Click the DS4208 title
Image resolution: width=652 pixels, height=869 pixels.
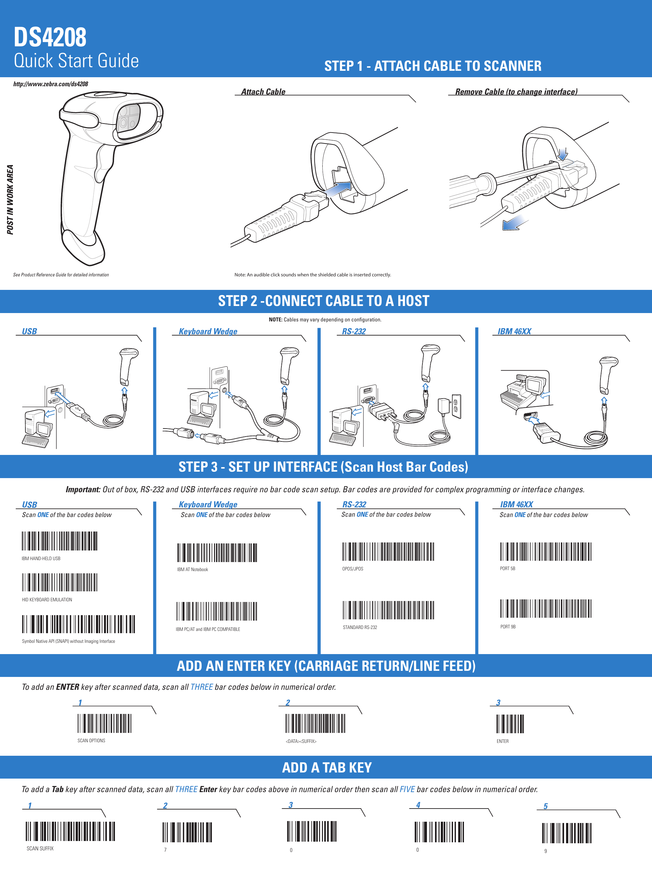point(50,38)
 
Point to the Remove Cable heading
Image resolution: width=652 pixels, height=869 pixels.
point(516,92)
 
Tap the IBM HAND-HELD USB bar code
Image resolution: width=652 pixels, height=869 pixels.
point(59,541)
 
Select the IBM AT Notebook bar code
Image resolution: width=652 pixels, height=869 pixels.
point(217,553)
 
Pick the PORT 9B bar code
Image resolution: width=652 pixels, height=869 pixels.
point(545,608)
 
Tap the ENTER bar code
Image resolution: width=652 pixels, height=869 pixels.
point(510,724)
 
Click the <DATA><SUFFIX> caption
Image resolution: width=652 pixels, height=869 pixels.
point(301,741)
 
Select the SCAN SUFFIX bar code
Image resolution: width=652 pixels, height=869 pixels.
point(71,831)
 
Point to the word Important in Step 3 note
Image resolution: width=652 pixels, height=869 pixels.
point(83,489)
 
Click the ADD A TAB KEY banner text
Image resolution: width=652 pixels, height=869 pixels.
point(326,767)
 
